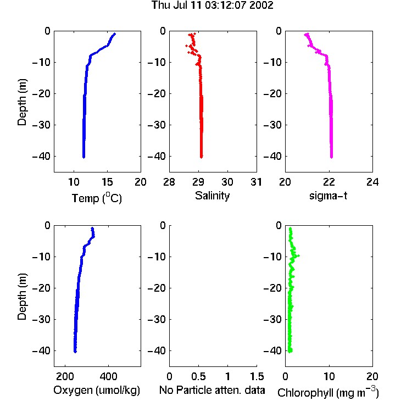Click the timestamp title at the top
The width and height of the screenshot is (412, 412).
pos(212,5)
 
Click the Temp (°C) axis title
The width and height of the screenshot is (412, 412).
pos(97,198)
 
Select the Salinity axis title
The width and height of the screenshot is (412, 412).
pos(212,196)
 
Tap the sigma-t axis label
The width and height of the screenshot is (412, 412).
pos(328,196)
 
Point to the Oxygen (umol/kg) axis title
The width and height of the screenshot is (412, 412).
pos(97,390)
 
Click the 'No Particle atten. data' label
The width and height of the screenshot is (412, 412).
pos(212,390)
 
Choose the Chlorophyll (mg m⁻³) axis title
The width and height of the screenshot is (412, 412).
pos(328,392)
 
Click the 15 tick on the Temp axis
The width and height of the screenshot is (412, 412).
pos(107,182)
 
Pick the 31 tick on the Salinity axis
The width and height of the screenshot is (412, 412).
pos(256,182)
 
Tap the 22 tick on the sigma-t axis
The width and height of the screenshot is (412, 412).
pos(329,182)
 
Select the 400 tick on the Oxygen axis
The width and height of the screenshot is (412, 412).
pos(108,376)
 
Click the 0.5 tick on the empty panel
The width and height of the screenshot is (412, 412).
pos(198,376)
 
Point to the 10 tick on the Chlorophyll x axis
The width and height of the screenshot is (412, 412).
pos(329,376)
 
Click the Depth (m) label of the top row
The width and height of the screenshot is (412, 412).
pos(23,102)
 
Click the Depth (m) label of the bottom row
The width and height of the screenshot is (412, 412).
pos(23,297)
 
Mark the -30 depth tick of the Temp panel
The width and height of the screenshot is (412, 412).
pos(41,125)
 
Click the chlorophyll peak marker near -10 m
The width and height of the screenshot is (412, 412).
pos(298,255)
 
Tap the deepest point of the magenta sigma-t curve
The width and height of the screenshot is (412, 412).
pos(332,157)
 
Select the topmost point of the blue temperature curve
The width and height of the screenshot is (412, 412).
pos(115,34)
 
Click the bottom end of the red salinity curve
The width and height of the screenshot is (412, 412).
pos(201,157)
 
